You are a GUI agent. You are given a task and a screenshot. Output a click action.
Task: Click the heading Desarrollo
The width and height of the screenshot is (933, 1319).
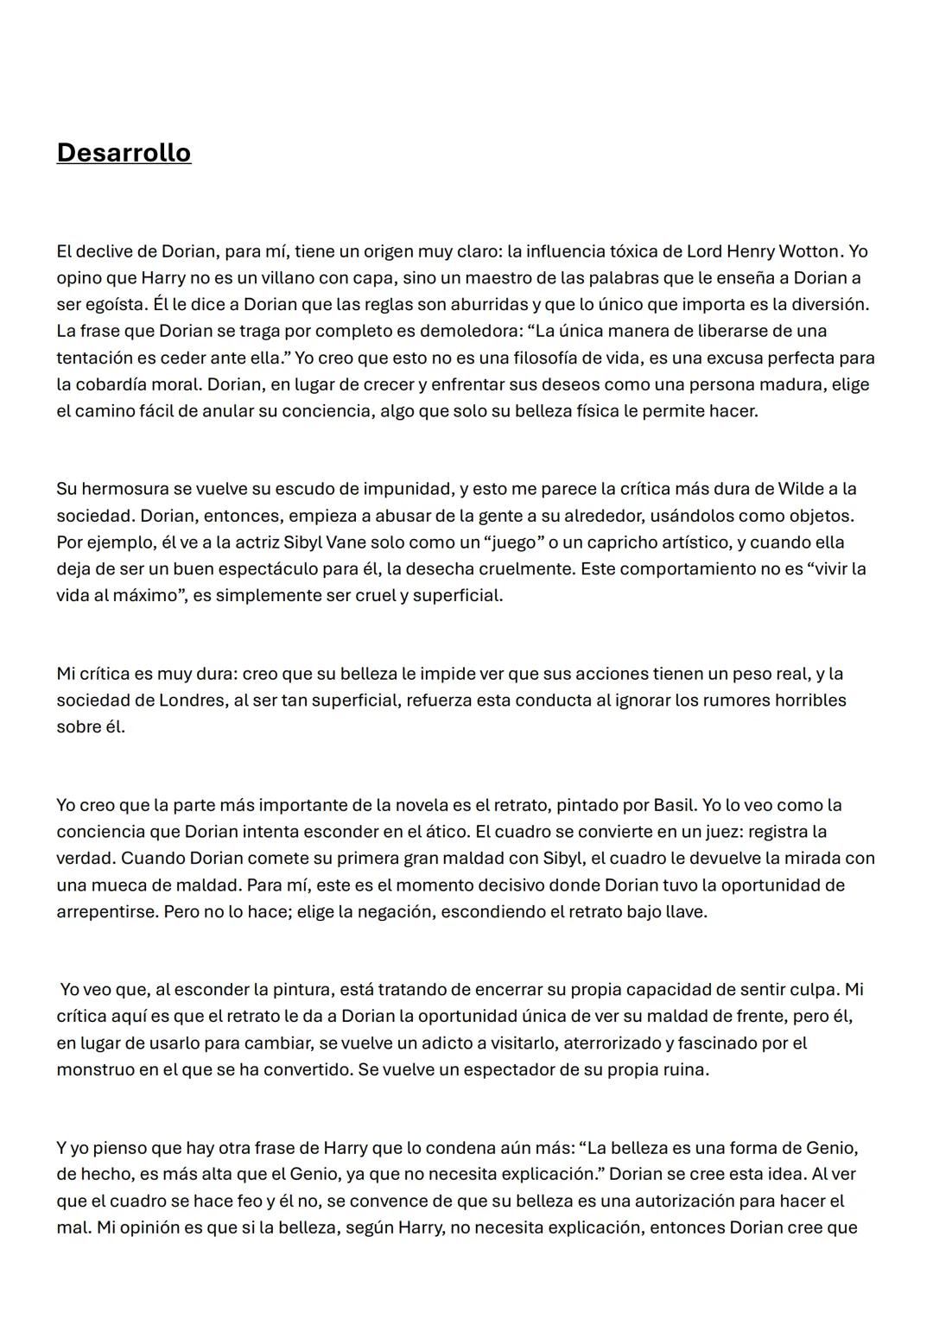point(124,153)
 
